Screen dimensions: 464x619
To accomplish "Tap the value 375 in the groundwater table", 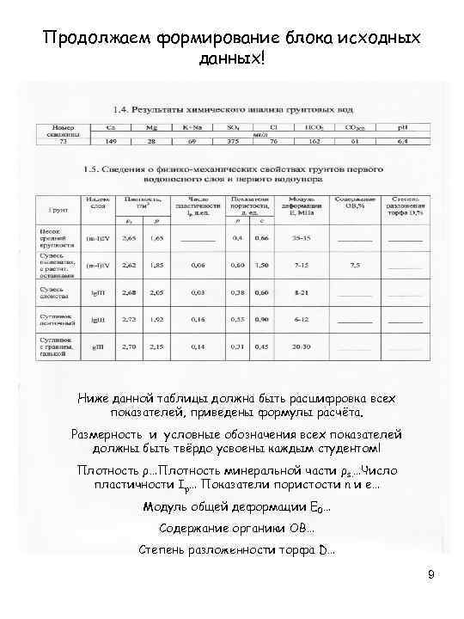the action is (233, 140).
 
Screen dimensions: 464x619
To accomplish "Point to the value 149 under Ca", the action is (112, 140).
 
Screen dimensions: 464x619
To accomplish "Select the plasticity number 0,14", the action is (198, 346).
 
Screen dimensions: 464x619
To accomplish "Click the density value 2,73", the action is (129, 320).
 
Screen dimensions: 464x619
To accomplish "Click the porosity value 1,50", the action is (261, 265).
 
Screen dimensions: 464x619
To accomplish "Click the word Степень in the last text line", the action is (167, 549).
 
